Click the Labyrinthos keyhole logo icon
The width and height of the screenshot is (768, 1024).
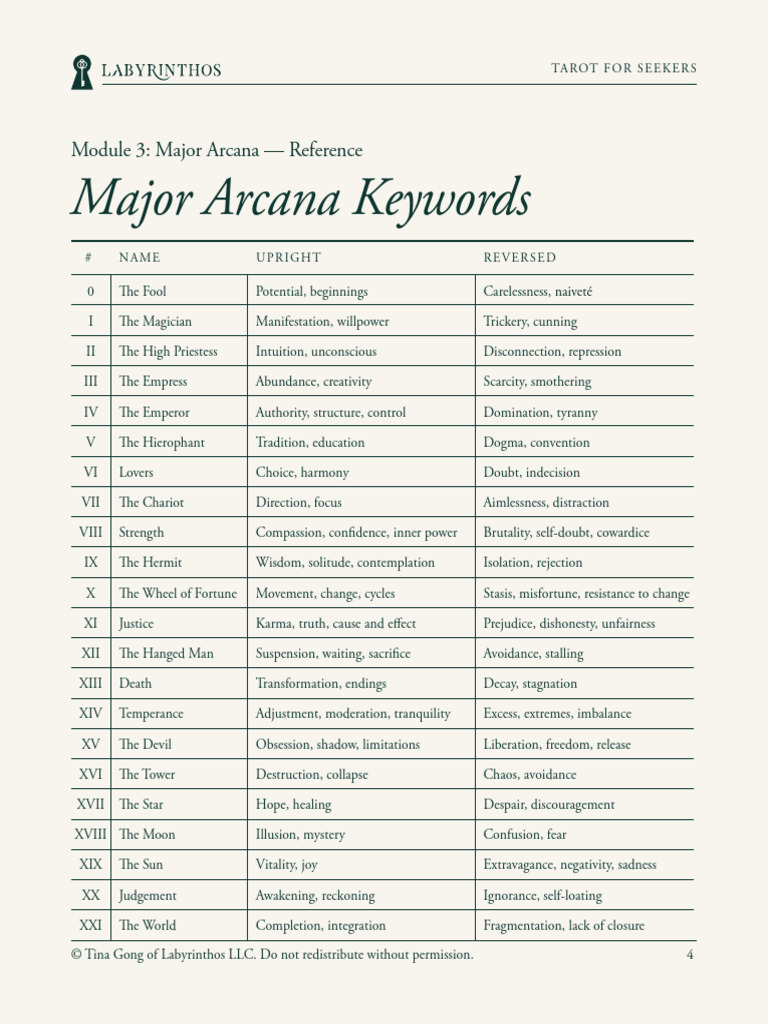pos(81,72)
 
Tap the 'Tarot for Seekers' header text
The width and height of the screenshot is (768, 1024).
pos(624,69)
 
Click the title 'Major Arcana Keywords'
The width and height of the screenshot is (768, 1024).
pos(300,198)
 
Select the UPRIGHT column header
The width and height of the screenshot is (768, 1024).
pos(288,258)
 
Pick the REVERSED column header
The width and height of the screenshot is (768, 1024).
pos(519,258)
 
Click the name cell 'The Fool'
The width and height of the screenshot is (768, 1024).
pos(142,292)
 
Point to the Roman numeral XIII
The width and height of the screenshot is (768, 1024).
pos(90,684)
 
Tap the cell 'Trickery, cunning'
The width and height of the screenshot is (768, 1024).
pos(530,322)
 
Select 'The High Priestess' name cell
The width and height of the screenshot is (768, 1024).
pos(167,352)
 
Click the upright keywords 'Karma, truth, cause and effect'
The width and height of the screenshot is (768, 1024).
pos(336,624)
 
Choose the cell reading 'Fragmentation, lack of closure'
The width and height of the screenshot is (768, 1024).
pos(564,926)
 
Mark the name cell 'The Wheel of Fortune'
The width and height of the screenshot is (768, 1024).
pos(177,594)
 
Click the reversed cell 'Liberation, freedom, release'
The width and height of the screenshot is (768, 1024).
pos(556,745)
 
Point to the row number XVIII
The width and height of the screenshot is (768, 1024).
pos(90,835)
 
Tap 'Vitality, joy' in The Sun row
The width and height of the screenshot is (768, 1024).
pos(286,865)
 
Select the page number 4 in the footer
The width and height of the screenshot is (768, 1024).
pos(690,955)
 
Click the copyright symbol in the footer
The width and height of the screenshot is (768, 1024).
pos(76,955)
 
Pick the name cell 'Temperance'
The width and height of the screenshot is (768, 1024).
pos(151,714)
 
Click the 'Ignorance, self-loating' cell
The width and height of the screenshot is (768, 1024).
pos(542,896)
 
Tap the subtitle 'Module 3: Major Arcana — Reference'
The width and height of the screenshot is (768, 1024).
pos(216,151)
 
